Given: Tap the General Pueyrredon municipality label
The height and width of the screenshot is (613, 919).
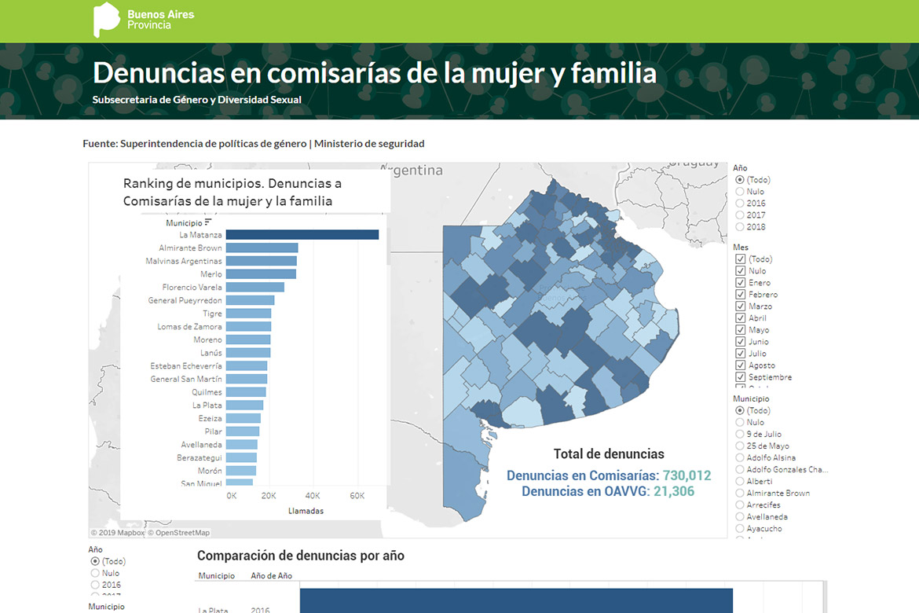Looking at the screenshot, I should click(185, 300).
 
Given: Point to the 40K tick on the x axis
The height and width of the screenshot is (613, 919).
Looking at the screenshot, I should click(313, 496).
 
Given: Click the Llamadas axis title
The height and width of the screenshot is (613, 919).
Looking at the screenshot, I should click(306, 511).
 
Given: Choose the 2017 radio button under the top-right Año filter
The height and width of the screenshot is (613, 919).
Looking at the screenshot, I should click(739, 215).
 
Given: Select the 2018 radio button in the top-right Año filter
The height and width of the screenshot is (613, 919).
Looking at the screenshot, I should click(739, 227).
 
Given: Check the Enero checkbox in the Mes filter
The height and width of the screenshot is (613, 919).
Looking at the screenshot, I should click(740, 283).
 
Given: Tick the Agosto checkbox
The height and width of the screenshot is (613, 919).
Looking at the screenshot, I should click(740, 365).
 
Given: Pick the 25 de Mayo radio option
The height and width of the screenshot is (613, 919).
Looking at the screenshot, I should click(739, 446).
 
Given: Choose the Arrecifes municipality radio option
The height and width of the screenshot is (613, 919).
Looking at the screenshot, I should click(739, 505).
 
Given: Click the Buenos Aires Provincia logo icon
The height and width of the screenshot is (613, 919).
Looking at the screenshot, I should click(106, 20).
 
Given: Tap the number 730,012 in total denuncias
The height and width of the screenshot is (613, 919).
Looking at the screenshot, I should click(687, 475).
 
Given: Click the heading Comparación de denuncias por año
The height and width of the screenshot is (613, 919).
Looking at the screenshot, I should click(300, 556).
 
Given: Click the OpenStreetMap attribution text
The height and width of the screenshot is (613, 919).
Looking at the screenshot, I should click(182, 533).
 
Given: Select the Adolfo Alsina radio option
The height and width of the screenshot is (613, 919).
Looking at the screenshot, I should click(739, 457).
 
